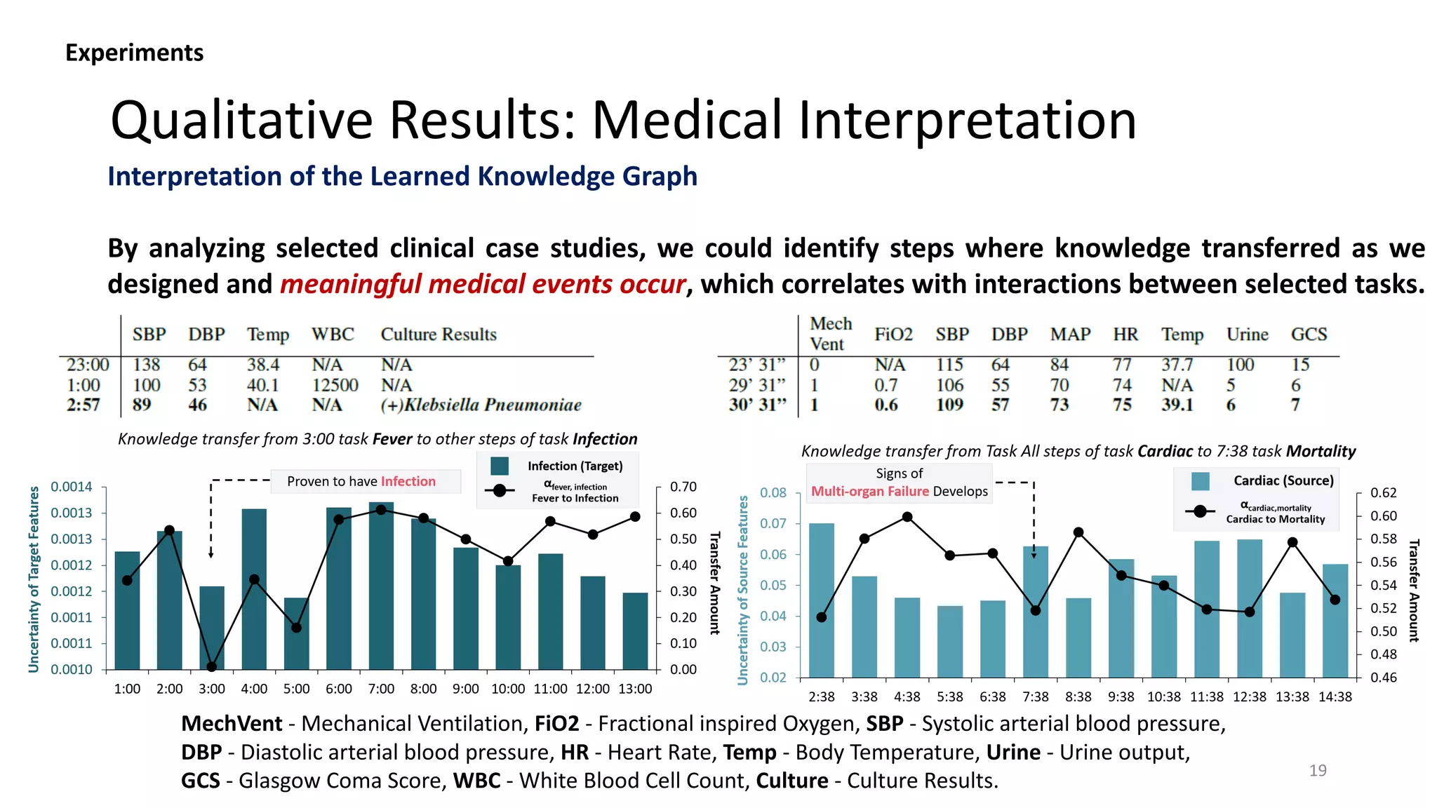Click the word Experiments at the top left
134,53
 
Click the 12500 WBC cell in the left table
335,385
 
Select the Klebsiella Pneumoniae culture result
481,405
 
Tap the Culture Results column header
439,335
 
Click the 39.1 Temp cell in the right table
1177,405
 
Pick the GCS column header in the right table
1309,335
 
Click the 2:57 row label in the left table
83,405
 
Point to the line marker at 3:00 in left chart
211,666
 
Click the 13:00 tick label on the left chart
634,689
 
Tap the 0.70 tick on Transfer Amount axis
683,487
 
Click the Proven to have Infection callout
361,481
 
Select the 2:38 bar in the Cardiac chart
822,600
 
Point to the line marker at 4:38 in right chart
907,517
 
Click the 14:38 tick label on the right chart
1335,696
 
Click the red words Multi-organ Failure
869,491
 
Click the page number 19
1317,770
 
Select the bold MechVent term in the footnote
232,723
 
